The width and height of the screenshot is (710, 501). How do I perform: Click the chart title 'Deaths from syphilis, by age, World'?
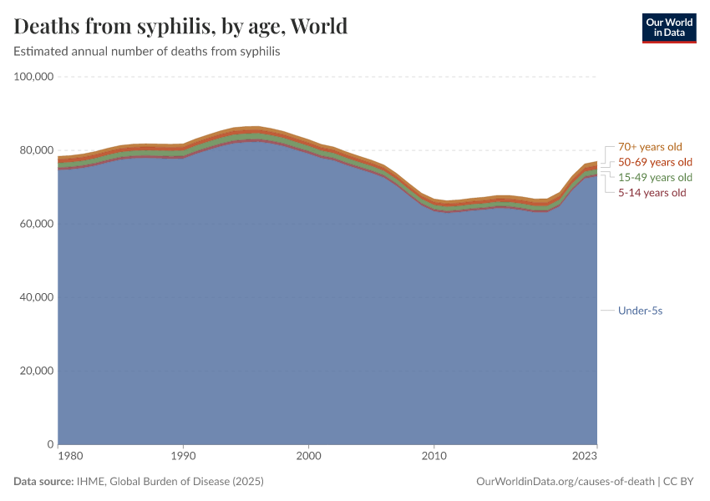180,27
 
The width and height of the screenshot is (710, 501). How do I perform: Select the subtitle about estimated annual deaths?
146,52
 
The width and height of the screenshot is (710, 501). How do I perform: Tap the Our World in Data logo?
668,28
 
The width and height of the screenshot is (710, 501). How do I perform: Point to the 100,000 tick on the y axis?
34,77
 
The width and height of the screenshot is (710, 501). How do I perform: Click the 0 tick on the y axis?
50,444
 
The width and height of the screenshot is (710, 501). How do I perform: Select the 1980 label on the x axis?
70,457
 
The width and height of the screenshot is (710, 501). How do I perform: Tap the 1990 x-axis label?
183,457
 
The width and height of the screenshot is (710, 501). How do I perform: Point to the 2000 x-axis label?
309,457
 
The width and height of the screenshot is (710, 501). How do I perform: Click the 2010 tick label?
434,457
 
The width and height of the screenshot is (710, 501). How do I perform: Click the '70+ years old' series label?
650,147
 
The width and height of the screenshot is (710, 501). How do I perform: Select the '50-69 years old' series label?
655,162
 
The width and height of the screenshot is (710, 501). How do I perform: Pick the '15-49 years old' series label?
655,177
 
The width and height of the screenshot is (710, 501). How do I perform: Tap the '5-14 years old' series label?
652,192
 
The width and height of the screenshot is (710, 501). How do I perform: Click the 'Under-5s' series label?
640,311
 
